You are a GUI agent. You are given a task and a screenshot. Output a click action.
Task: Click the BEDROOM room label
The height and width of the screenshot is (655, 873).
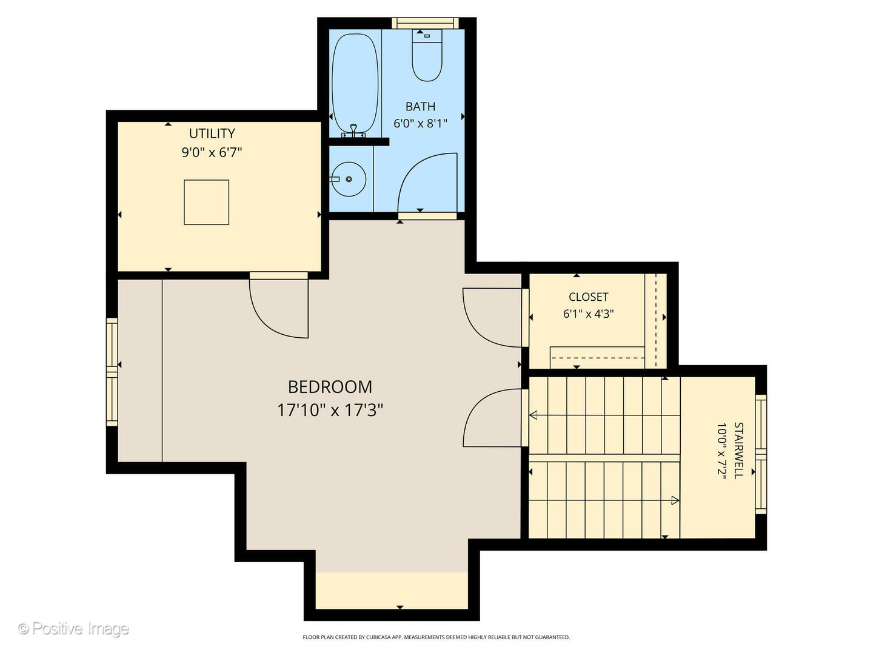[330, 387]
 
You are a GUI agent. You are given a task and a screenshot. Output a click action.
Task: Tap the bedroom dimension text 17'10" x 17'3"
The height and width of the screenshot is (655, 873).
[330, 411]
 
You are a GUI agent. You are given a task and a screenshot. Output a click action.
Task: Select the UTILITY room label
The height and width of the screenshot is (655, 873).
[212, 133]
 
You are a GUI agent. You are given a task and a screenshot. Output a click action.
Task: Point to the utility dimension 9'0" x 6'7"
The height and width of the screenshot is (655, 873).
[212, 152]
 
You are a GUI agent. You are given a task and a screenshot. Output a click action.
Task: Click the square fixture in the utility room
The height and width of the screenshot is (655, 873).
[206, 203]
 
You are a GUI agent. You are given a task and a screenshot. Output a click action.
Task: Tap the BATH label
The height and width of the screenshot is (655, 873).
[420, 107]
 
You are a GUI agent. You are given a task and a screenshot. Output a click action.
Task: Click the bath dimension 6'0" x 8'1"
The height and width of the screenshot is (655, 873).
[420, 124]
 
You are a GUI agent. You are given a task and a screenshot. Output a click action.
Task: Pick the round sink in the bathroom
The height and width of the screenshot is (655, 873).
[349, 179]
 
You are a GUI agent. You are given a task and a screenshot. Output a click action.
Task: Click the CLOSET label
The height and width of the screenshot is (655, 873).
[588, 297]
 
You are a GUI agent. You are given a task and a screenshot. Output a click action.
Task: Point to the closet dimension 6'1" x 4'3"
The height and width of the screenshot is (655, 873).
[588, 314]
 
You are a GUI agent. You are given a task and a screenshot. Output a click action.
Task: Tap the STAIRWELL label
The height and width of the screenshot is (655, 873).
[738, 451]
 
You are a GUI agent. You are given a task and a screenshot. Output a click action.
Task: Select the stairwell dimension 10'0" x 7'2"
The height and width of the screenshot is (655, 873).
[721, 451]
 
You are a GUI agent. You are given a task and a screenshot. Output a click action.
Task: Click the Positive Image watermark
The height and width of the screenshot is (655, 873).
[73, 628]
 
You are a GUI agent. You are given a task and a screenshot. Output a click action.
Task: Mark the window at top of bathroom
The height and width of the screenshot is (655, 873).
[424, 23]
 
